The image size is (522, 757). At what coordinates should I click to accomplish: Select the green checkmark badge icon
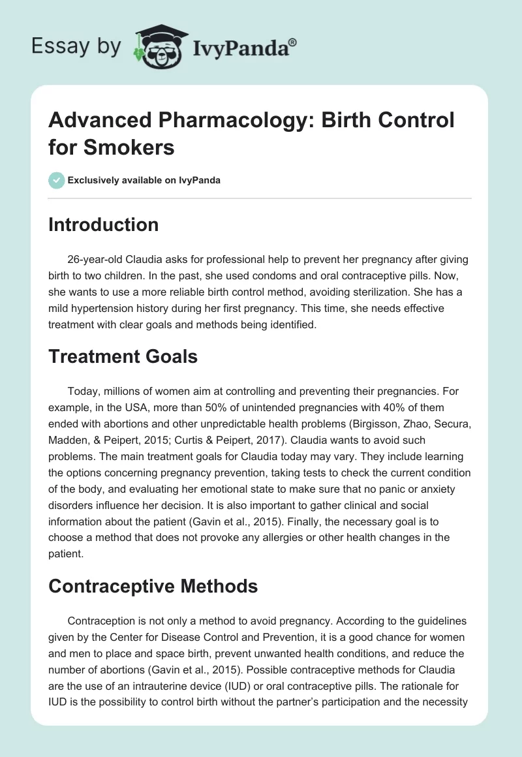57,180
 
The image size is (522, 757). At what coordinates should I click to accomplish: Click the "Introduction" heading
103,224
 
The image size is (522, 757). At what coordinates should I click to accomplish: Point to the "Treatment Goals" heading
123,357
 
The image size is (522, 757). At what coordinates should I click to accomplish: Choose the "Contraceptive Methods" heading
153,587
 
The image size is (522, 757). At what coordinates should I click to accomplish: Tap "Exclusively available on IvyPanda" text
144,180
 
